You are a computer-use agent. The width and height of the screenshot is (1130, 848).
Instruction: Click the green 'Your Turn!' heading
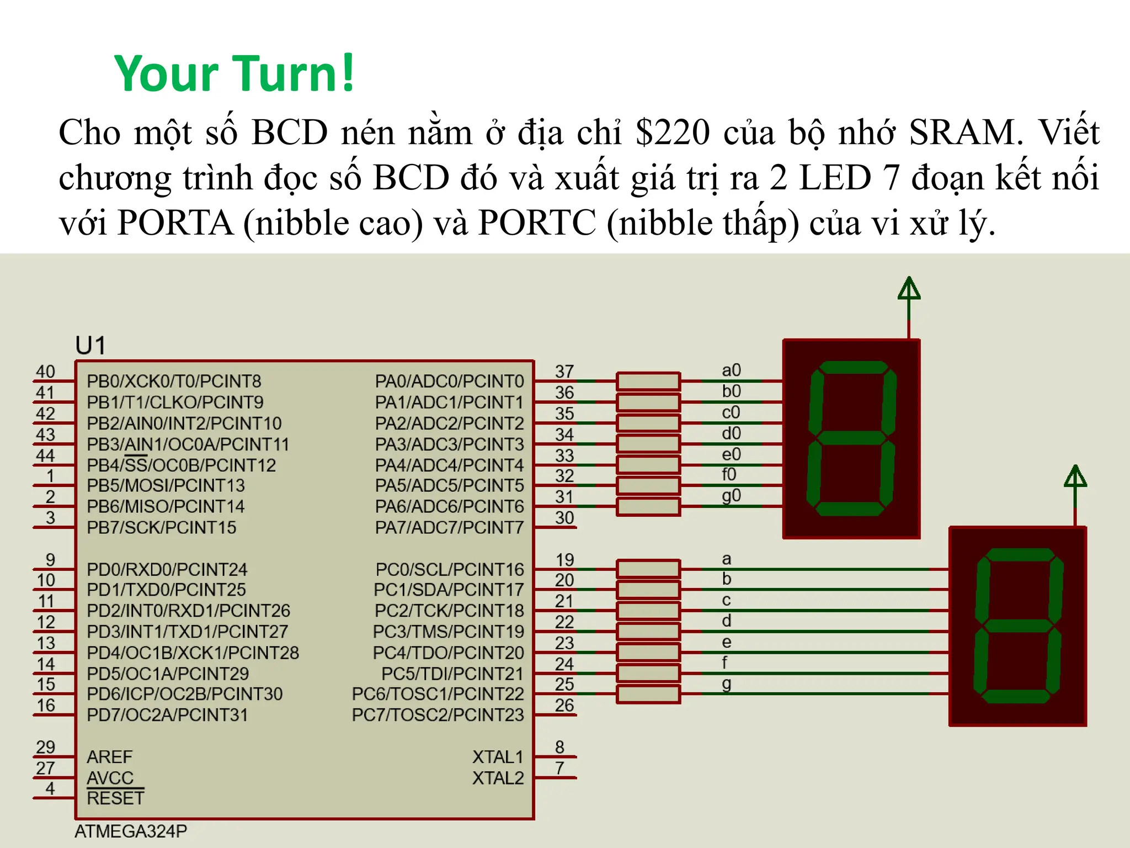tap(234, 74)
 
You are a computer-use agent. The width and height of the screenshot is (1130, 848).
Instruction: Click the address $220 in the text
tap(673, 132)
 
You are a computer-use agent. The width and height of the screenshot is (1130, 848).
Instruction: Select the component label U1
tap(90, 346)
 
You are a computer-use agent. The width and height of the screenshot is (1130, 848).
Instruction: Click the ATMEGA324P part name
tap(131, 831)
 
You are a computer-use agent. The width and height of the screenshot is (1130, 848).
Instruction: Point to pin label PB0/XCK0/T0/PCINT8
tap(174, 381)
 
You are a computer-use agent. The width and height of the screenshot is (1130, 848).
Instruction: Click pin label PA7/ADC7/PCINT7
tap(449, 528)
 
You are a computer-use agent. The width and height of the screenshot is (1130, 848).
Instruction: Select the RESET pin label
tap(115, 798)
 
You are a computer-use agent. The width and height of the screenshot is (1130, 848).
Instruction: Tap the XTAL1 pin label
tap(498, 757)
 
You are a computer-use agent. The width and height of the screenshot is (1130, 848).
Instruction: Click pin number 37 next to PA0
tap(564, 372)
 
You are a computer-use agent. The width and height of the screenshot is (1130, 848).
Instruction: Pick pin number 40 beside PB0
tap(45, 372)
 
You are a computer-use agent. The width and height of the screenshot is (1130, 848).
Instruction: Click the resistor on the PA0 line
tap(648, 381)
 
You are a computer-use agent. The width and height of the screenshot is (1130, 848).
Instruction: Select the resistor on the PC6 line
tap(648, 694)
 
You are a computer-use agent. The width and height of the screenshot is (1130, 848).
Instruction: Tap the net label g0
tap(731, 495)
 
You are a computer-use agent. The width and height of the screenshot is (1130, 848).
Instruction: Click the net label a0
tap(731, 370)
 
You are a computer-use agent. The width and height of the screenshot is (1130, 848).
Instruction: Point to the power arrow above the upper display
tap(909, 289)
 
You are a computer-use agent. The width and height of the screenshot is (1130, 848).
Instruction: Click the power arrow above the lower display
tap(1075, 478)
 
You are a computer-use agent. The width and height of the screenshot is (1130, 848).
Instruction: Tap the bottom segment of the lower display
tap(1017, 696)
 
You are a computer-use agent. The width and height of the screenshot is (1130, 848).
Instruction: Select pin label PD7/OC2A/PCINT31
tap(167, 715)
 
